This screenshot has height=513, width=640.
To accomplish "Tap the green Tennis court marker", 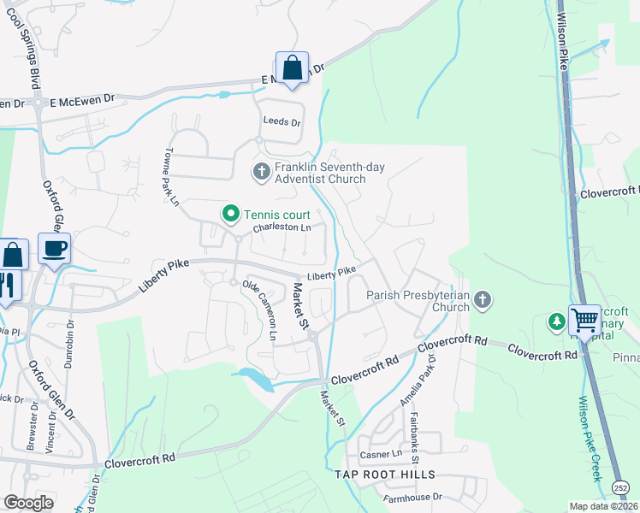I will point(229,214).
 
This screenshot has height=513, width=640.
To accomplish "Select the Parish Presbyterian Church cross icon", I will point(483,300).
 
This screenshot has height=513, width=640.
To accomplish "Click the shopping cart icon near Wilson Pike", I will point(585,321).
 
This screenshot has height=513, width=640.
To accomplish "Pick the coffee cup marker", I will point(55,249).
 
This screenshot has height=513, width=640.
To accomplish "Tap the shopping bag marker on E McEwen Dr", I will point(292,68).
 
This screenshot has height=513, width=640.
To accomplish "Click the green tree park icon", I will point(557,321).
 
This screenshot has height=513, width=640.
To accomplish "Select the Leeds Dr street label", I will point(282,122).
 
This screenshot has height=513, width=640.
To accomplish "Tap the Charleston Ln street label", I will point(281,228).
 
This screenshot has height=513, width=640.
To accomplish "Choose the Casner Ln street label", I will point(381,454).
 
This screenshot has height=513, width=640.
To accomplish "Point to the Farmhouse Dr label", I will point(412,496).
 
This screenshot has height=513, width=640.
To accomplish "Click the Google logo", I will point(28,503).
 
